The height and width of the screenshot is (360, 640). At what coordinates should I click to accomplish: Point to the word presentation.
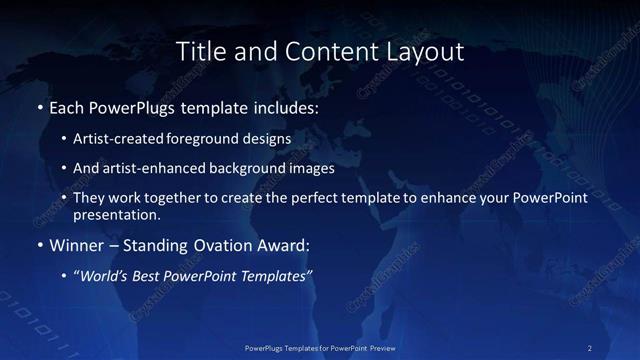point(115,214)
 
